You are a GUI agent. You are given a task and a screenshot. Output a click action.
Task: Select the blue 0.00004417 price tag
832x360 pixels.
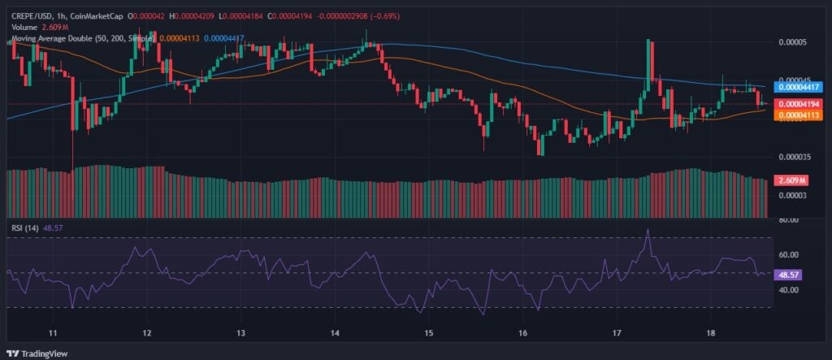coord(799,86)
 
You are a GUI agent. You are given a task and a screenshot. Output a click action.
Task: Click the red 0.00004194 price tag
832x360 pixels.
coord(799,104)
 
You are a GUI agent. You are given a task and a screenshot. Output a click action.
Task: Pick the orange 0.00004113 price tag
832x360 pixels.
coord(799,116)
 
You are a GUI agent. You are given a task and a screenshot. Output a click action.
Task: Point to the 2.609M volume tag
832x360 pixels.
coord(791,180)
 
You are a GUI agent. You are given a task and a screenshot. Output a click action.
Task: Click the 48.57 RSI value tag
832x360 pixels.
coord(790,275)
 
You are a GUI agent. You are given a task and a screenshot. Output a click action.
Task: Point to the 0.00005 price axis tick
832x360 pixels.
coord(793,41)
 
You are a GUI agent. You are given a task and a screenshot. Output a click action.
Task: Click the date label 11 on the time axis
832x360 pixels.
coord(53,333)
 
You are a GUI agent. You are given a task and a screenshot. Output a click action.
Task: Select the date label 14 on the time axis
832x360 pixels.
coord(336,333)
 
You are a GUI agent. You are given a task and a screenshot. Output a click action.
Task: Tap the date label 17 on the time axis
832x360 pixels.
coord(617,333)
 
